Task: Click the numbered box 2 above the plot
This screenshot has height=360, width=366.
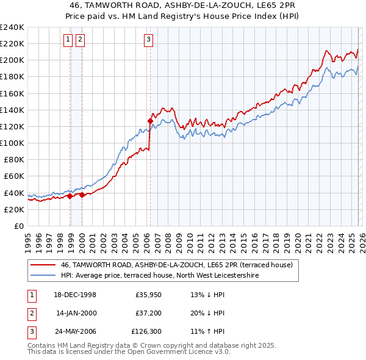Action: [80, 40]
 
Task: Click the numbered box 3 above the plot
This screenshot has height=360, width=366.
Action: [148, 40]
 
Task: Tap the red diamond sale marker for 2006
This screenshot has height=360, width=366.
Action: [150, 121]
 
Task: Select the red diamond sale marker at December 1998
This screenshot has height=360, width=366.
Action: [70, 196]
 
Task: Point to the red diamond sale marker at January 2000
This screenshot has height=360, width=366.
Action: [82, 195]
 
